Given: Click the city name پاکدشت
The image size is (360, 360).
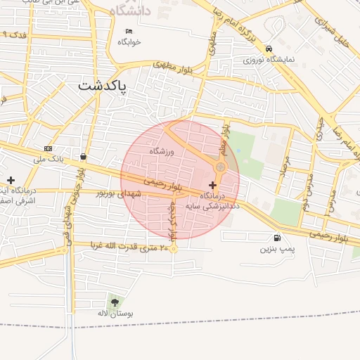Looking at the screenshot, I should (x=103, y=86).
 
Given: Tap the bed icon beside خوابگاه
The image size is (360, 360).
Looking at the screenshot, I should (x=129, y=31).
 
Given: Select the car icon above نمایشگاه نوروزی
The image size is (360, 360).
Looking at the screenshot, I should (x=269, y=49).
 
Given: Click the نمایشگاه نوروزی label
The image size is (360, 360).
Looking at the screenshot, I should (x=269, y=60).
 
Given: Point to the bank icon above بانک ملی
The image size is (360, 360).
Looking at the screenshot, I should (x=48, y=148).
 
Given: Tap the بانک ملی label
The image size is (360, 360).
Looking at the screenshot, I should (x=48, y=160).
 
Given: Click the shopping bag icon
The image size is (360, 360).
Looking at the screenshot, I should (x=84, y=157).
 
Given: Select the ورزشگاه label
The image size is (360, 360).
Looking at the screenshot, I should (x=161, y=151).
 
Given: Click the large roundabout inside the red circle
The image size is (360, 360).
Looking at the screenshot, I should (x=221, y=167).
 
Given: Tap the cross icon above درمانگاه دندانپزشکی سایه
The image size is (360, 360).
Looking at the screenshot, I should (x=213, y=185).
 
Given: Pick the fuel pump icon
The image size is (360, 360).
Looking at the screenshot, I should (x=277, y=238).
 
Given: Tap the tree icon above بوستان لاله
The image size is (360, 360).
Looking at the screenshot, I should (x=115, y=303).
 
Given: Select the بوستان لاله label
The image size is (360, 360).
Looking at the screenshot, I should (x=115, y=314).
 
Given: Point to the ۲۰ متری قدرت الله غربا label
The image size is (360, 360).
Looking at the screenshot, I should (x=131, y=247).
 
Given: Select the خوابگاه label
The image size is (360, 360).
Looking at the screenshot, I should (x=129, y=41).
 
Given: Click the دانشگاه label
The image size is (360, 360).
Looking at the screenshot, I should (x=130, y=11).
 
